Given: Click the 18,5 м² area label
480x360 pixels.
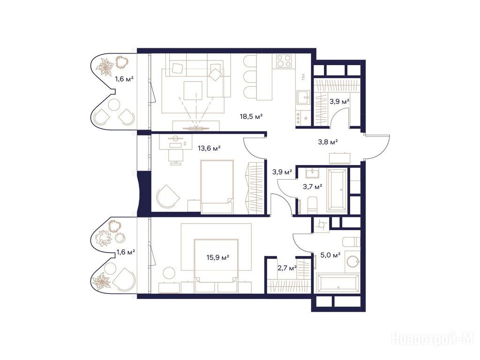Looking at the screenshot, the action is [251, 116].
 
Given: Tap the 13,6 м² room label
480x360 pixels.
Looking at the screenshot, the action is [210, 149].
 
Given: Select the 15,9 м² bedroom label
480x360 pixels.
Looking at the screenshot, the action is [218, 257].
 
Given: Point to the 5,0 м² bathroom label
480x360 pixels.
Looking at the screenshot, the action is [330, 255].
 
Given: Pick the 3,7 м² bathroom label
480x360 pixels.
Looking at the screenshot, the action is [313, 187].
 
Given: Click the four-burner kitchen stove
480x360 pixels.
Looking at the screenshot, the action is [284, 61].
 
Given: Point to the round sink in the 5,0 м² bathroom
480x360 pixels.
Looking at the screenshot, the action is [353, 262].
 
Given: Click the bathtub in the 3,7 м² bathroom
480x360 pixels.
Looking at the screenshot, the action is [337, 190].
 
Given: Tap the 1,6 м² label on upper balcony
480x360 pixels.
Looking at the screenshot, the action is [124, 79].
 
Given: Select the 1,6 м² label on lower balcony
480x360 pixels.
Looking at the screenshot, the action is [126, 253].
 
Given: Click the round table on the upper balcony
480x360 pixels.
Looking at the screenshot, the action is [114, 105].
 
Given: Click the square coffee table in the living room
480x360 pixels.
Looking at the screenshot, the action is [193, 90].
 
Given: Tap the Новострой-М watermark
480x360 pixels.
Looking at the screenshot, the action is [433, 339].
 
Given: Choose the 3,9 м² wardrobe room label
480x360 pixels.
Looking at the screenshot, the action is [339, 101].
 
